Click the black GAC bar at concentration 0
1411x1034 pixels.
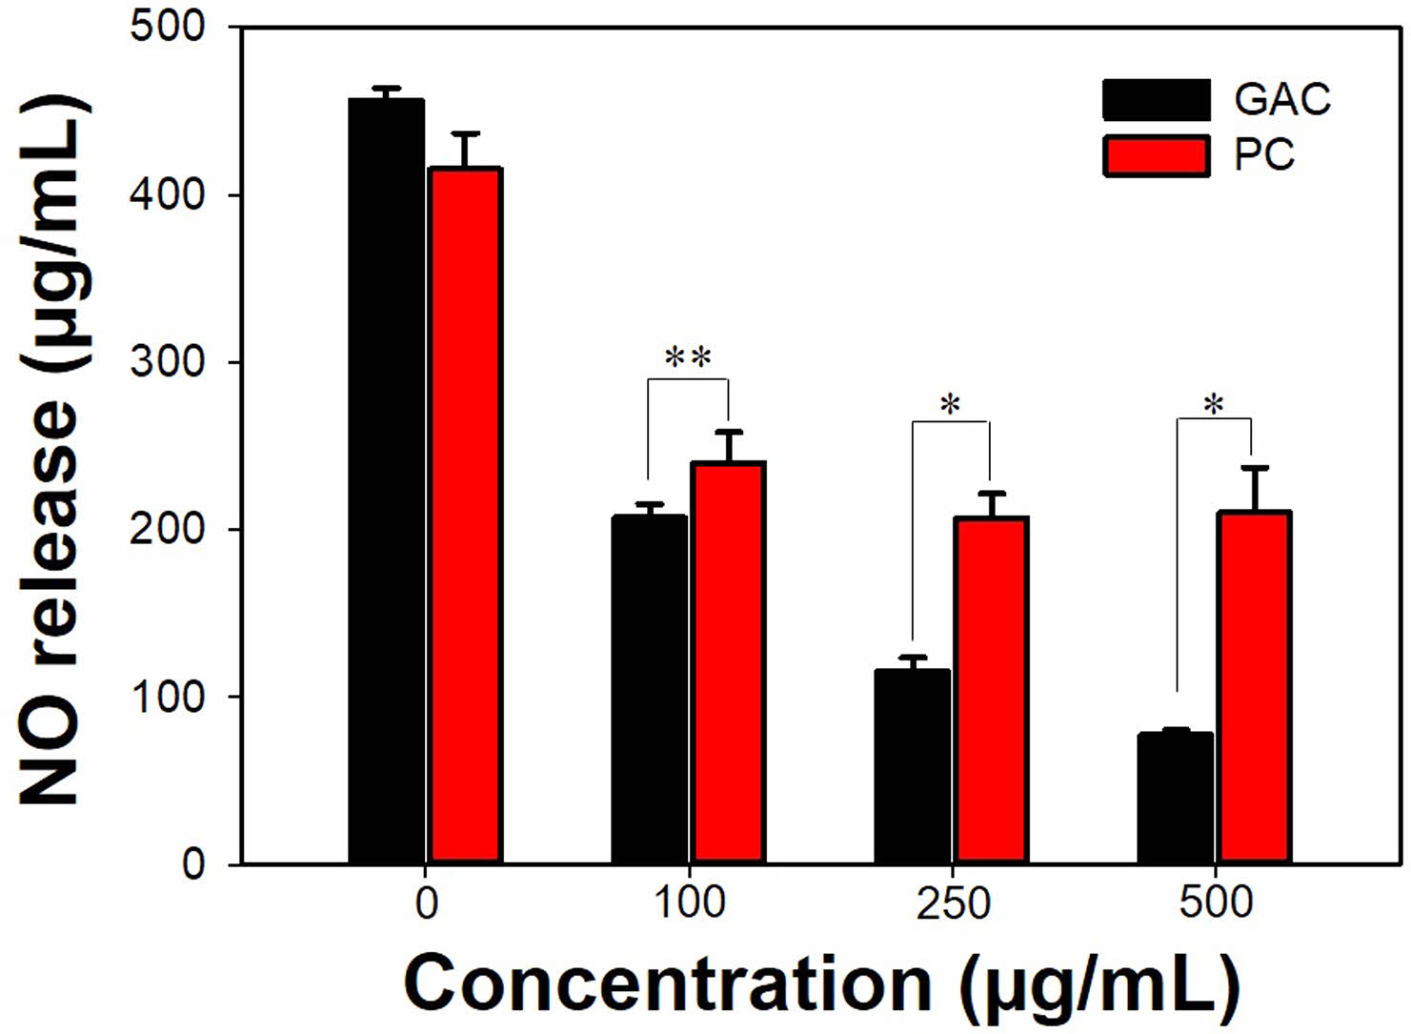[x=386, y=481]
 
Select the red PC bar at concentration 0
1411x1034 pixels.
[x=465, y=515]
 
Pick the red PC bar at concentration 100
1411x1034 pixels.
[x=728, y=662]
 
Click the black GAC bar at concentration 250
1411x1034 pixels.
[x=912, y=766]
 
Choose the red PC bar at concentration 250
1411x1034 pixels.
[x=991, y=690]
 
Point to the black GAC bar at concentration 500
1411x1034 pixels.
[x=1175, y=798]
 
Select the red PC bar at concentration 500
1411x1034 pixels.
[x=1254, y=687]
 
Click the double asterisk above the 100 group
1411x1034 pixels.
[x=688, y=358]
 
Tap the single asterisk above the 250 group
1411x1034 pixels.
[x=950, y=405]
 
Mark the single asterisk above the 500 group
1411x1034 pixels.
[x=1213, y=405]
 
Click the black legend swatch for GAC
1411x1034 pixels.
[x=1156, y=99]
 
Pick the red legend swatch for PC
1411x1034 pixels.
[x=1156, y=155]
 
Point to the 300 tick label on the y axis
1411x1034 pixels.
[x=168, y=362]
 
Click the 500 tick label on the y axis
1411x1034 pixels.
[x=168, y=27]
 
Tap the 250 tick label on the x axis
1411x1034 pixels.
[x=953, y=902]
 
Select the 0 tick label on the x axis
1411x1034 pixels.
[x=426, y=902]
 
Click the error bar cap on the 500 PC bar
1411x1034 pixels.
[x=1255, y=467]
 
